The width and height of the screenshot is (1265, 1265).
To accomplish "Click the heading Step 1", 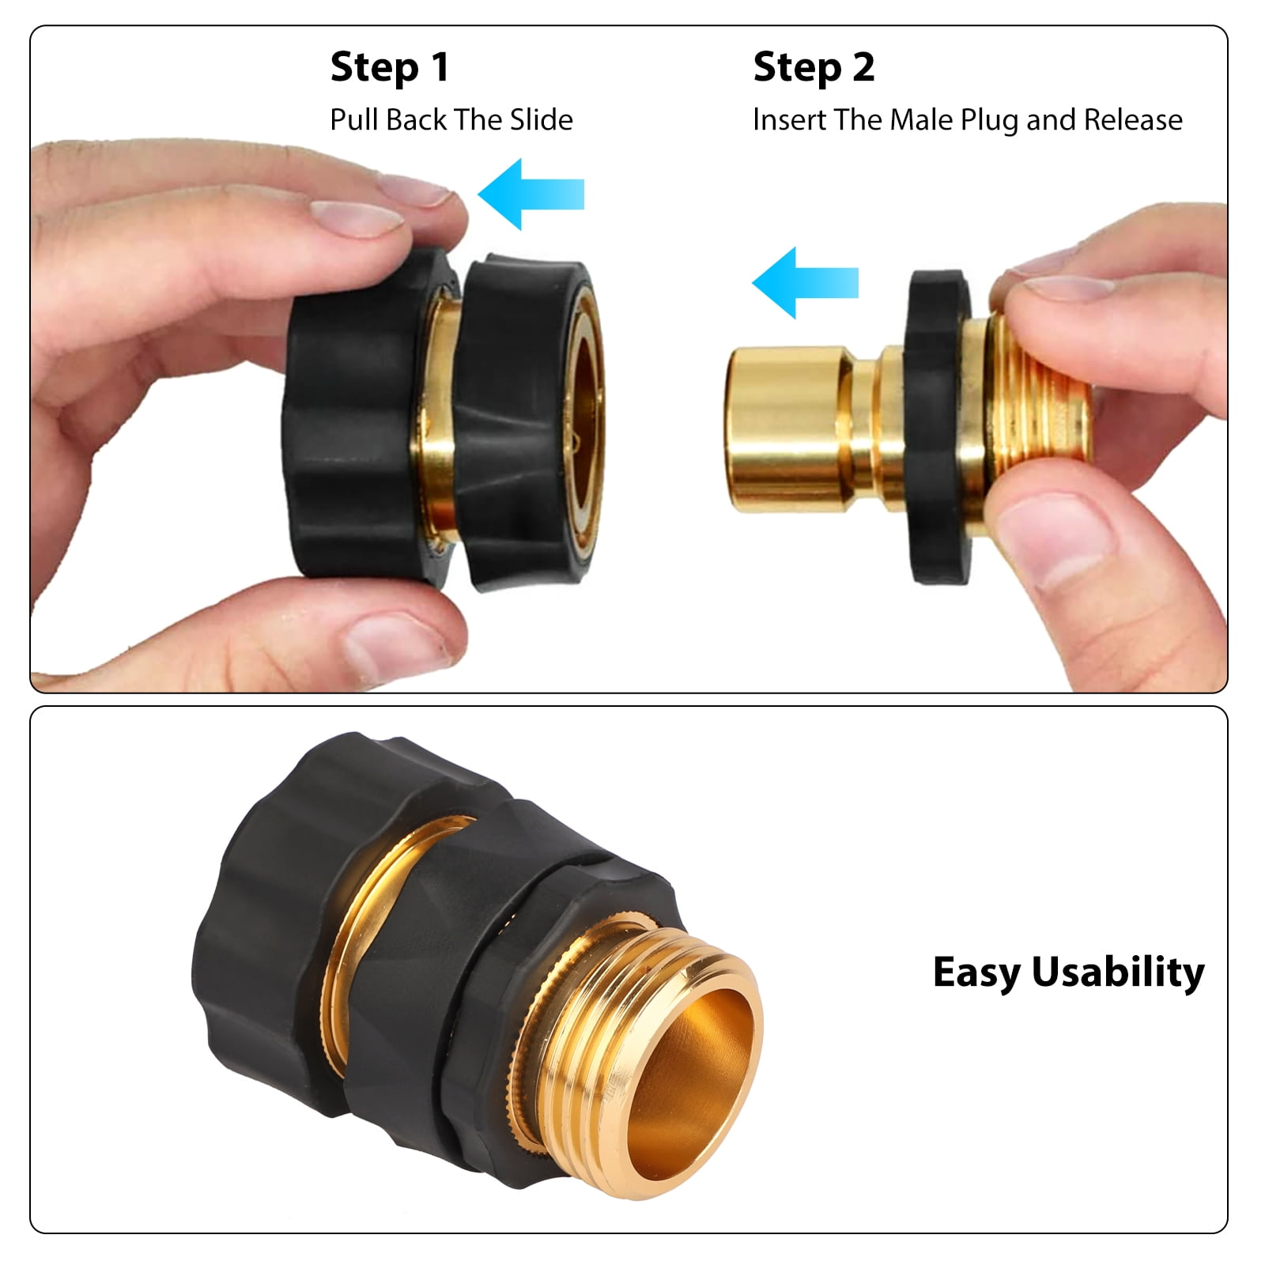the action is click(x=390, y=67).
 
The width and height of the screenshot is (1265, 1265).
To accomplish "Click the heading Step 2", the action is click(x=814, y=67).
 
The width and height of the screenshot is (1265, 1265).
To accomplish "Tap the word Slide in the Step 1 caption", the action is click(x=542, y=120).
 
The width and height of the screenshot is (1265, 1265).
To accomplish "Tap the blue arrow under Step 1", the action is click(x=531, y=194).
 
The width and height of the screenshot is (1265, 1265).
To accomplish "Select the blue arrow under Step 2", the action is click(x=805, y=282).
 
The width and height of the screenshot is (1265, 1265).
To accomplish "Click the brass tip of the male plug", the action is click(x=782, y=428).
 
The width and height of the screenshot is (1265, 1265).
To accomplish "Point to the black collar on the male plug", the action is click(x=938, y=427).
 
